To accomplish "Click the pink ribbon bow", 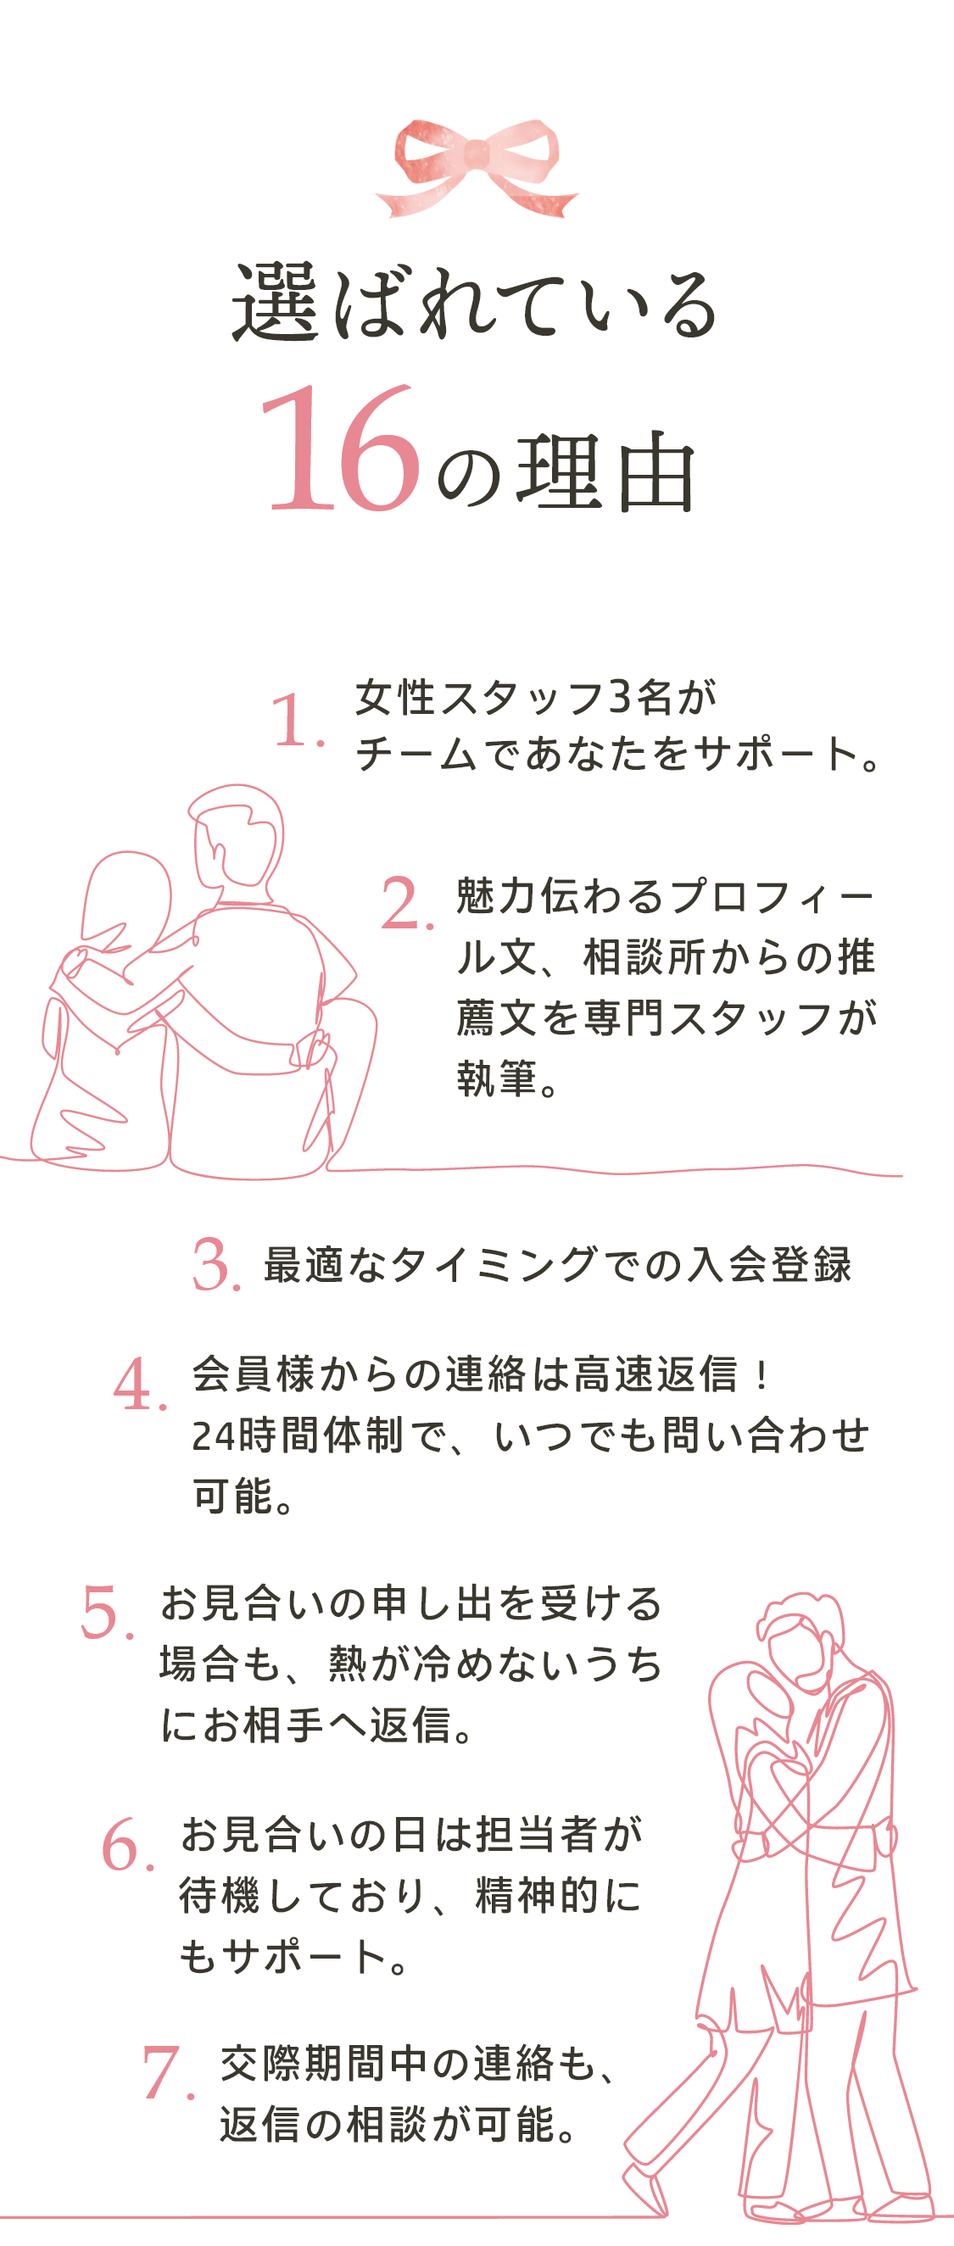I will [476, 165].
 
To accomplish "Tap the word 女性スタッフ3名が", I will [535, 699].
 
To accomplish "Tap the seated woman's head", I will [126, 898].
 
